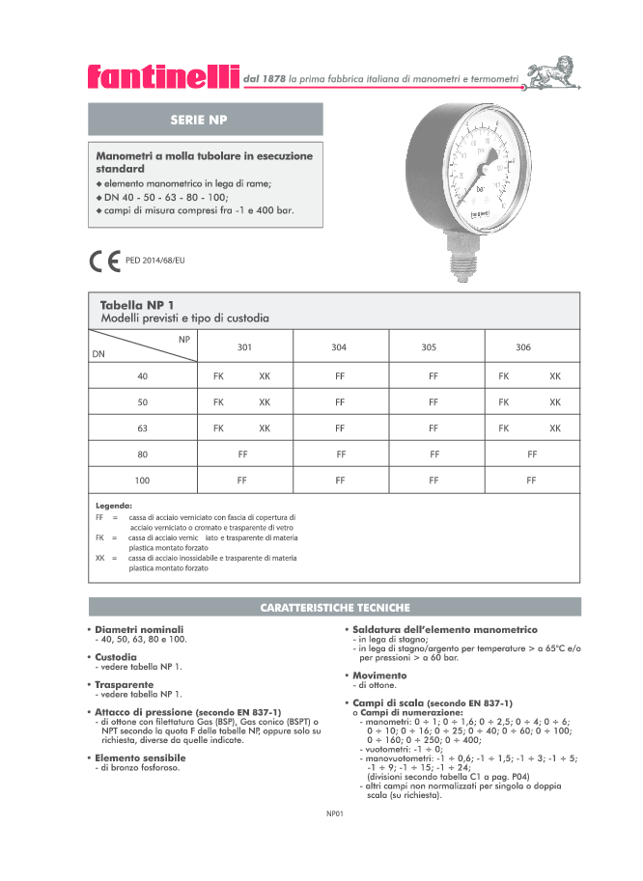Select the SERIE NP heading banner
(205, 120)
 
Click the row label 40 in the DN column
(142, 376)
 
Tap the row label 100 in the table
(142, 480)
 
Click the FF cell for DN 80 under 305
(434, 454)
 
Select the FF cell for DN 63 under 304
(340, 427)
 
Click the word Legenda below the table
(114, 506)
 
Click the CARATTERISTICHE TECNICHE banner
(335, 608)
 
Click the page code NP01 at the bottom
(335, 813)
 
